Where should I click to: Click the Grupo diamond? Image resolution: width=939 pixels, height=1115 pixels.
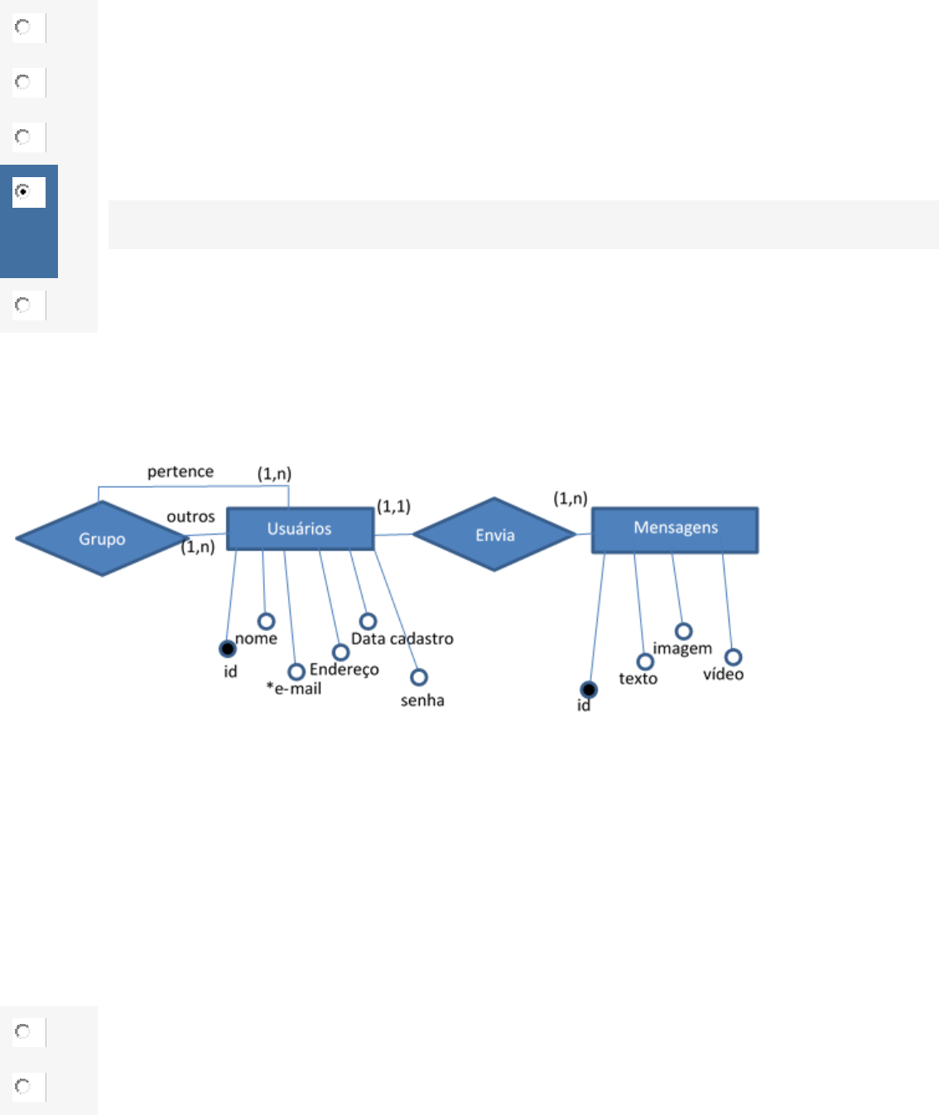pos(101,538)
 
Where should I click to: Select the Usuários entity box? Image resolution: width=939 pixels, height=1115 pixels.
pos(300,529)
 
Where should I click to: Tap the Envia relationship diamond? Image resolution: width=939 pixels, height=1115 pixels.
pos(494,535)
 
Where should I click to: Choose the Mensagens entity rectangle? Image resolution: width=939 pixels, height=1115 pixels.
pos(675,529)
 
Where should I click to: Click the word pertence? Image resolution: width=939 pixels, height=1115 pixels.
pos(181,472)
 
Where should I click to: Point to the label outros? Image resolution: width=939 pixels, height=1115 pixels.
pos(190,517)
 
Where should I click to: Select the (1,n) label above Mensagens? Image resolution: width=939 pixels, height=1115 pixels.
pos(571,498)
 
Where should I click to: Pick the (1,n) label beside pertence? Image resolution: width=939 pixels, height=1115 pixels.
pos(274,473)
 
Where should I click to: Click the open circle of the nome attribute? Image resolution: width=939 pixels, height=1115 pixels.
pos(266,621)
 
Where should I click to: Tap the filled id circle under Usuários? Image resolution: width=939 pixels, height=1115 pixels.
pos(228,649)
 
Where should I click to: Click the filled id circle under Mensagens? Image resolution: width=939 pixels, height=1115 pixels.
pos(589,690)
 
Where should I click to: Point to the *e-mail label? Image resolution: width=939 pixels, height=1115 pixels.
pos(294,689)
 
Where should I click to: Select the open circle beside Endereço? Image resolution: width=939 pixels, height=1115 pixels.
pos(340,653)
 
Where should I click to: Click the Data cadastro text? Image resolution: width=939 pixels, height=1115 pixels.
pos(402,639)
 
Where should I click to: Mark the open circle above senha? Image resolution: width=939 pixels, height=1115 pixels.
pos(419,677)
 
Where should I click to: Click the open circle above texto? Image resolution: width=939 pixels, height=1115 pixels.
pos(645,661)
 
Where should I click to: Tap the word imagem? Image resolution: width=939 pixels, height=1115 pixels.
pos(682,649)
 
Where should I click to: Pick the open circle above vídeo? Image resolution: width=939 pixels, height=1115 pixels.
pos(733,657)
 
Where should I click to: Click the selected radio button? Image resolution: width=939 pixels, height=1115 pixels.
pos(23,191)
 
